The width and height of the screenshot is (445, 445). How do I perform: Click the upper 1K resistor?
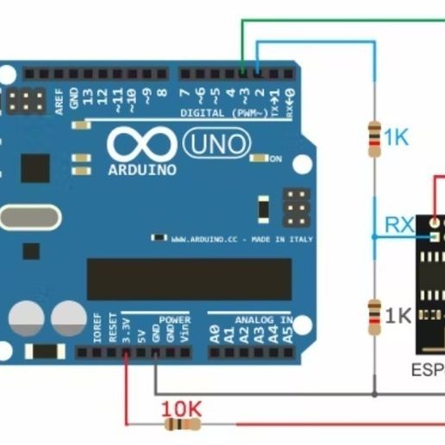(x=374, y=139)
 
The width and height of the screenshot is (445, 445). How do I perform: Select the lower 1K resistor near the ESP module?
(x=374, y=317)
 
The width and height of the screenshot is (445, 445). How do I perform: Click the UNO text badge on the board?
(x=216, y=142)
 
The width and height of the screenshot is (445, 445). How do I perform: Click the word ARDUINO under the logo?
(x=143, y=170)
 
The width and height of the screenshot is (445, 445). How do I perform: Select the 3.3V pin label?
(x=126, y=329)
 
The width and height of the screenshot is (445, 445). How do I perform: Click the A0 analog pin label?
(x=214, y=334)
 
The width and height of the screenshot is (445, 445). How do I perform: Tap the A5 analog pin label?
(x=288, y=334)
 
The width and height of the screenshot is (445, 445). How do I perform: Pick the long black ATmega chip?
(x=187, y=279)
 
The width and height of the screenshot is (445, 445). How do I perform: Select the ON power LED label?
(x=276, y=159)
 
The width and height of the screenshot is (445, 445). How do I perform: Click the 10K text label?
(x=181, y=405)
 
